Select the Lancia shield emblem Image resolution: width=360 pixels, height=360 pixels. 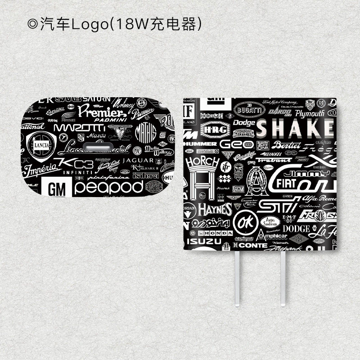pos(41,146)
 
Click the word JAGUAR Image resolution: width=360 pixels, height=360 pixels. pos(138,160)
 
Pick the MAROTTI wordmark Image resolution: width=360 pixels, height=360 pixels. pos(80,127)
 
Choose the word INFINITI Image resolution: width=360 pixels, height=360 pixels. pos(77,172)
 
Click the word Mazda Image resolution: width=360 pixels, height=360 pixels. pos(96,135)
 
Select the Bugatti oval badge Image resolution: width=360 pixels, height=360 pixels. pos(248,109)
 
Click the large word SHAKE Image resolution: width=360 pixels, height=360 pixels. pos(295,129)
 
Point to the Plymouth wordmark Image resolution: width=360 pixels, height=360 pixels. pos(310,114)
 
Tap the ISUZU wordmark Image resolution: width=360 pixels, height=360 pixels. pos(204,241)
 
